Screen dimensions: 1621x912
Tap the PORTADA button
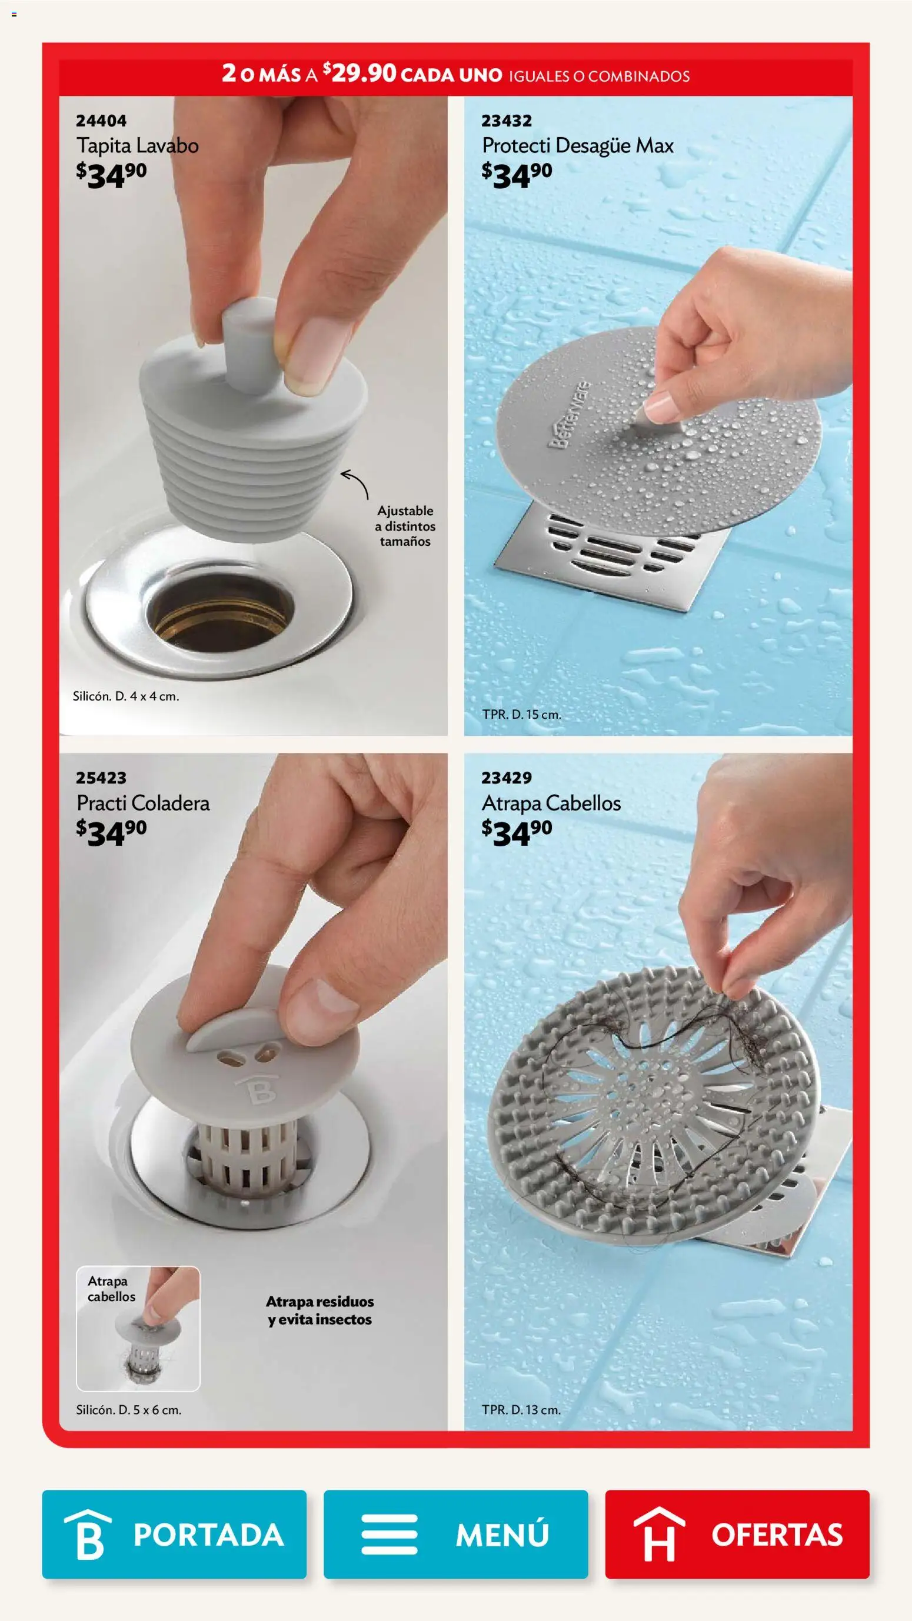tap(174, 1534)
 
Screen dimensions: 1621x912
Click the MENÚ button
tap(455, 1534)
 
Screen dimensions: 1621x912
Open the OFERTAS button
tap(737, 1534)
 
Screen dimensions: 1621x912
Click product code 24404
tap(101, 120)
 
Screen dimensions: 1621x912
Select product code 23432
tap(507, 120)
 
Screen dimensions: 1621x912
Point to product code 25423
tap(101, 778)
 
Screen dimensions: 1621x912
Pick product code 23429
tap(507, 778)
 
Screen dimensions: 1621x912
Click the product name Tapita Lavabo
tap(138, 146)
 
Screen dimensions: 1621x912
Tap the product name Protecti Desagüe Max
tap(578, 146)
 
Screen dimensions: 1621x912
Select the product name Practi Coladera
tap(143, 803)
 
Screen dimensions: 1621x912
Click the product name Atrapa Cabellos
tap(551, 803)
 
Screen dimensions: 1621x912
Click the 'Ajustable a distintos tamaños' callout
tap(405, 526)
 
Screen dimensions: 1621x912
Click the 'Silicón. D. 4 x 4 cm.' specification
tap(126, 696)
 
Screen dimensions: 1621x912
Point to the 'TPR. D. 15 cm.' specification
tap(522, 714)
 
